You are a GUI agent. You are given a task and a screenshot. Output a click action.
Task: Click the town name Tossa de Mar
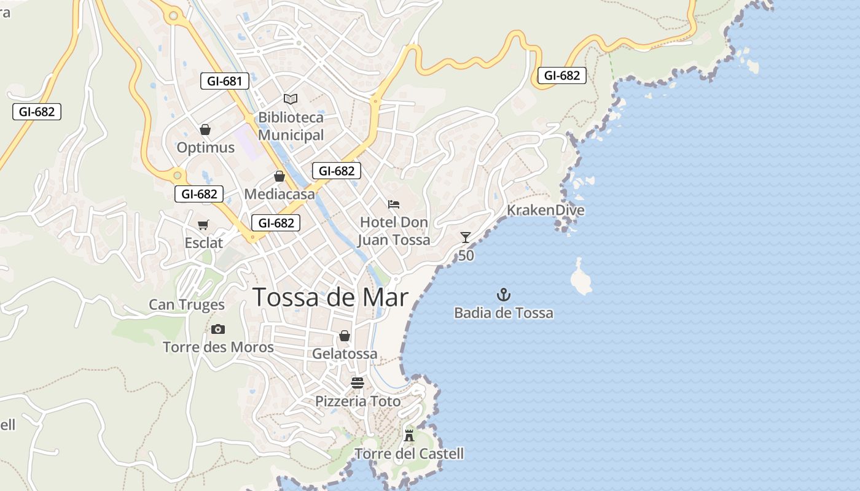(330, 298)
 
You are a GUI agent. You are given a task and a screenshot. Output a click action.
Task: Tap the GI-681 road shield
(224, 80)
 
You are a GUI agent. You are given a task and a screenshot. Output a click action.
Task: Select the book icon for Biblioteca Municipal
(291, 99)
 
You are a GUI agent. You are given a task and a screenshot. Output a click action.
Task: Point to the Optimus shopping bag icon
(205, 130)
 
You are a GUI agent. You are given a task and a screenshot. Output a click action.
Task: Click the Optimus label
(206, 148)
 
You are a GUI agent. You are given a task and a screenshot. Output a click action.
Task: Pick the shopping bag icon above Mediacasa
(279, 177)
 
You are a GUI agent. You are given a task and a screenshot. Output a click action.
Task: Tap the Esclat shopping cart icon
(203, 225)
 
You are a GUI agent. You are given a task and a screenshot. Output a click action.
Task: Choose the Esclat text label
(204, 243)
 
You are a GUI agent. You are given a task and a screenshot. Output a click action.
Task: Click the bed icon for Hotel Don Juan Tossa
(394, 204)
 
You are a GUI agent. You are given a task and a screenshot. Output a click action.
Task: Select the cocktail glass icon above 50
(466, 238)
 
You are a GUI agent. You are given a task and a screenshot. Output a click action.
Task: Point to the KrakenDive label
(545, 211)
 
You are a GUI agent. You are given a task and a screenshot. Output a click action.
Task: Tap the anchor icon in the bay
(504, 295)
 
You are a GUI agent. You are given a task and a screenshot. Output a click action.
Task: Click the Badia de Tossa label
(504, 313)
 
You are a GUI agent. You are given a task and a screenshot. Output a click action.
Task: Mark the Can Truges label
(187, 304)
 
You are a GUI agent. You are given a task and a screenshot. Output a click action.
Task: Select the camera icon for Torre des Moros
(218, 330)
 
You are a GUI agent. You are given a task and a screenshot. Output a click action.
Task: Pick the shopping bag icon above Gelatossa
(345, 336)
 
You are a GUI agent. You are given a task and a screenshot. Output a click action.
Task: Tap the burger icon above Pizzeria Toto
(358, 383)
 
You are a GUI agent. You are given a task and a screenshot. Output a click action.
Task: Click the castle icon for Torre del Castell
(409, 436)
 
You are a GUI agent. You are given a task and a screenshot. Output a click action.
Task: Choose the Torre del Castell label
(409, 454)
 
